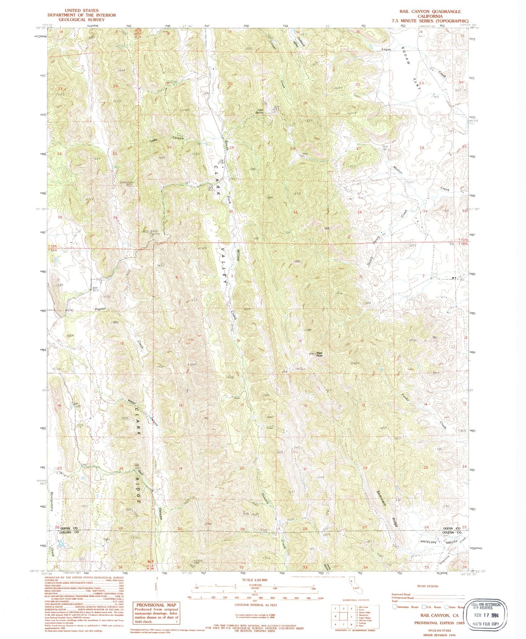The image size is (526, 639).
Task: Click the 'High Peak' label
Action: coord(319,354)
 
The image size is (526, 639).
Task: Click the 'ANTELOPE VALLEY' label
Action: coord(435,542)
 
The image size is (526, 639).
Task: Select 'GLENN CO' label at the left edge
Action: coord(69,528)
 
